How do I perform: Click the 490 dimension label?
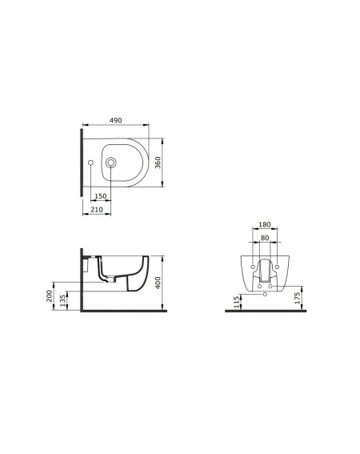click(115, 120)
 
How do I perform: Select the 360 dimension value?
click(158, 163)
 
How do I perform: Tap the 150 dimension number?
click(101, 196)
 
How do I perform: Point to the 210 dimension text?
click(97, 209)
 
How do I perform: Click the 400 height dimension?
click(158, 283)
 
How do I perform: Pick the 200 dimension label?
click(50, 296)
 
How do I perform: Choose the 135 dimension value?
click(62, 301)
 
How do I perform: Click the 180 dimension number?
click(265, 224)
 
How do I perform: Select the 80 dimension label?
click(265, 238)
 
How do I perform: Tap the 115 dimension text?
click(237, 302)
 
